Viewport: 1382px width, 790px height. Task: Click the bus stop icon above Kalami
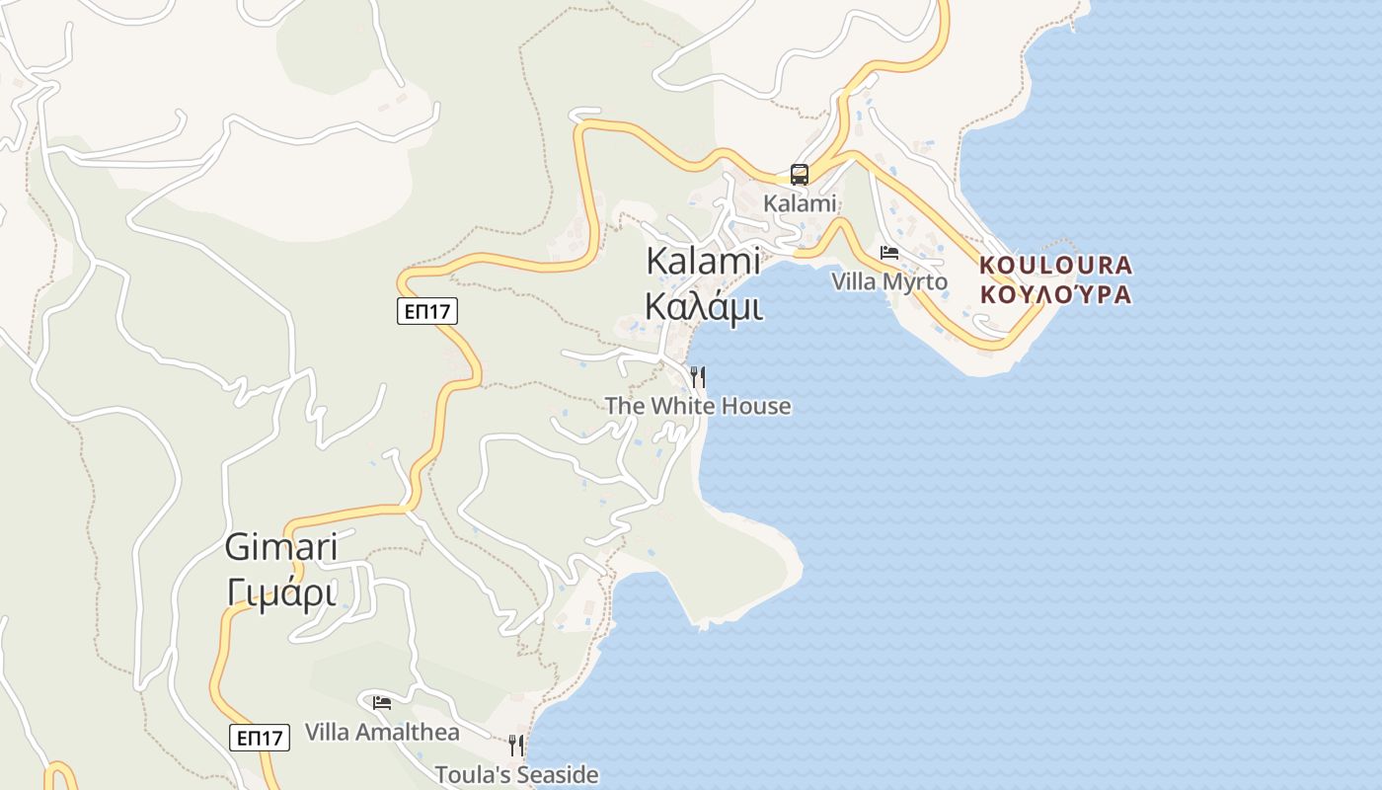point(800,175)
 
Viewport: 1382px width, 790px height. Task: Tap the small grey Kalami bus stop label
point(800,203)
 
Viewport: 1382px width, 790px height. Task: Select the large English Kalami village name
point(703,261)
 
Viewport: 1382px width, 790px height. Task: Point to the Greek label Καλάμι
point(703,306)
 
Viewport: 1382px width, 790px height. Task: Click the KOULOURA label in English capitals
point(1056,265)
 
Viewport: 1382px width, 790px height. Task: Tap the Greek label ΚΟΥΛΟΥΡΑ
point(1056,294)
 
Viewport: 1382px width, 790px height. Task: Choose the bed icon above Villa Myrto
point(889,253)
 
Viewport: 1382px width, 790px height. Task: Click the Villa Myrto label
point(889,282)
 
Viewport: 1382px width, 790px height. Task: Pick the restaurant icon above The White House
point(698,376)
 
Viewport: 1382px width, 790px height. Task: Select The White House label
point(698,406)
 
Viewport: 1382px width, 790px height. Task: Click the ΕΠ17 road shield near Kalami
point(427,312)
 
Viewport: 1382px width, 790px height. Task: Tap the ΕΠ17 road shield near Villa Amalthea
point(261,737)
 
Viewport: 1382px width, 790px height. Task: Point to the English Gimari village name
point(281,546)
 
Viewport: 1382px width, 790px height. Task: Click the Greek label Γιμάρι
point(281,592)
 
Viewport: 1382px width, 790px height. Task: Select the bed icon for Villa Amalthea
point(382,703)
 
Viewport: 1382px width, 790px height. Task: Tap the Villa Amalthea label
point(382,733)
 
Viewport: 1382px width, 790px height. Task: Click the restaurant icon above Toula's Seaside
point(516,745)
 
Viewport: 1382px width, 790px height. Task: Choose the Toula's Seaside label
point(517,774)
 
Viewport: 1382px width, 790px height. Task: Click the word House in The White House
point(756,406)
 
